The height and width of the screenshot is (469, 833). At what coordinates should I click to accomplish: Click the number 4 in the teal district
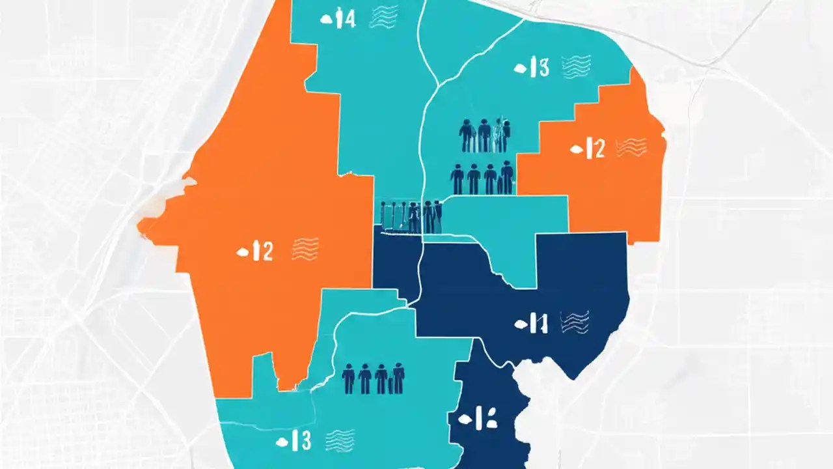pyautogui.click(x=349, y=20)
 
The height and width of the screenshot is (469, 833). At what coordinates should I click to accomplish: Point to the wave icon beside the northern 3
pyautogui.click(x=576, y=66)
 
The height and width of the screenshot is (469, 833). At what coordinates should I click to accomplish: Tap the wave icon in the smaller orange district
pyautogui.click(x=631, y=147)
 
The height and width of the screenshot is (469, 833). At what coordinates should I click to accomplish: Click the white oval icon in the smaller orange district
pyautogui.click(x=575, y=149)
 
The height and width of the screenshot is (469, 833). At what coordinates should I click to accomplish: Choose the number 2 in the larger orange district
pyautogui.click(x=266, y=250)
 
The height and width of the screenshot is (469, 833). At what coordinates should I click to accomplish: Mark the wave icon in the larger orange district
pyautogui.click(x=305, y=249)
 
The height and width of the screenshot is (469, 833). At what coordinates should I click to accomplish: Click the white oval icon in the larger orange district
pyautogui.click(x=241, y=251)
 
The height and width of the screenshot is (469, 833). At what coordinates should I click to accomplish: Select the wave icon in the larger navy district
pyautogui.click(x=575, y=322)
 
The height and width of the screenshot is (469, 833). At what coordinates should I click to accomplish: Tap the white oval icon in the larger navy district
pyautogui.click(x=520, y=323)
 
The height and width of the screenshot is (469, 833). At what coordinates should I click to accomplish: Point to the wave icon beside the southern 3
pyautogui.click(x=340, y=440)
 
